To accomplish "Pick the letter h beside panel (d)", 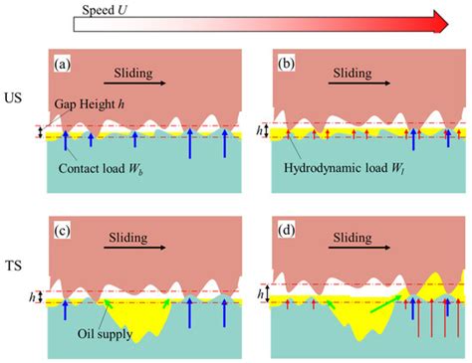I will pyautogui.click(x=262, y=294).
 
